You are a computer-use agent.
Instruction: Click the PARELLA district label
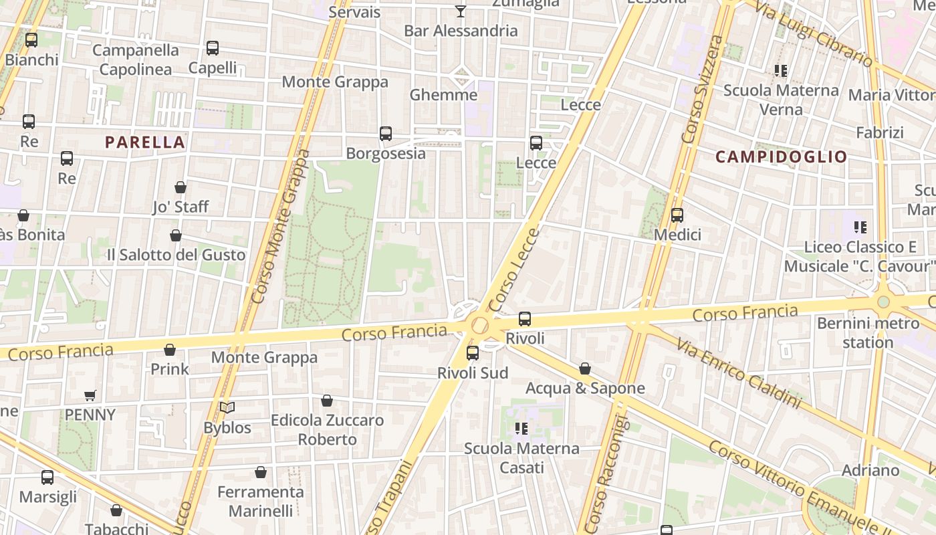[x=144, y=142]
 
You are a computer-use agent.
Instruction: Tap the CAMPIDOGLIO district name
[x=782, y=157]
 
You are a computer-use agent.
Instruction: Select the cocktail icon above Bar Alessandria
[x=461, y=11]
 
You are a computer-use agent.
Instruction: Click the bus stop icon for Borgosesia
[x=386, y=134]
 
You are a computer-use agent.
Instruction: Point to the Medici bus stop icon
[x=677, y=215]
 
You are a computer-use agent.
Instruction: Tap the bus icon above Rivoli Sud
[x=473, y=352]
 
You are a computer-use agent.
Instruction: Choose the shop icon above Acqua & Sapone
[x=585, y=368]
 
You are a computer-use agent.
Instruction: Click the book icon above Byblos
[x=227, y=407]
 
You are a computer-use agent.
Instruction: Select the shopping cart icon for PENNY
[x=90, y=395]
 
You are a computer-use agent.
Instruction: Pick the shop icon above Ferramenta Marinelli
[x=261, y=472]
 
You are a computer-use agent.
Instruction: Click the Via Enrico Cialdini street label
[x=738, y=373]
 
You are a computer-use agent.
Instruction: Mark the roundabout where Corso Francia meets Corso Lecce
[x=479, y=326]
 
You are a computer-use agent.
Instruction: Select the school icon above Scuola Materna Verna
[x=781, y=70]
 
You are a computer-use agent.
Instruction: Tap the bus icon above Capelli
[x=213, y=48]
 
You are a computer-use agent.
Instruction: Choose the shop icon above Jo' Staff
[x=181, y=187]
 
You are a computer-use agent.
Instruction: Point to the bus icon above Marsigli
[x=47, y=477]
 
